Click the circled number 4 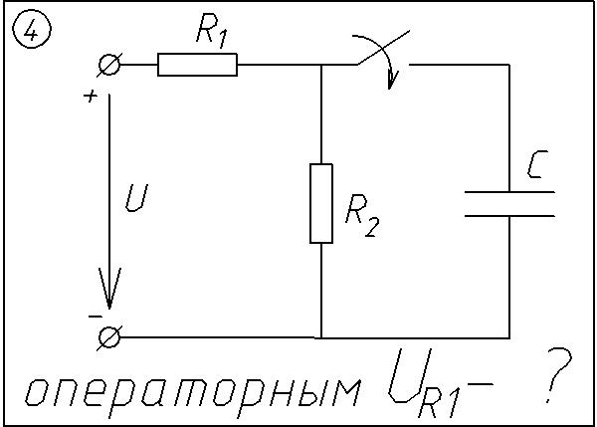(31, 32)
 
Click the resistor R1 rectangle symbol (197, 66)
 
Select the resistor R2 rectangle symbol (320, 204)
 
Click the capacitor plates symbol (508, 202)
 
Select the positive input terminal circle (108, 66)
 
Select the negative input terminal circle (108, 337)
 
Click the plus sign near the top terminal (91, 96)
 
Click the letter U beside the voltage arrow (135, 201)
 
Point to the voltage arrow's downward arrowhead (109, 291)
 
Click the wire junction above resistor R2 (320, 66)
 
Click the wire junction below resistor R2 (320, 337)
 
